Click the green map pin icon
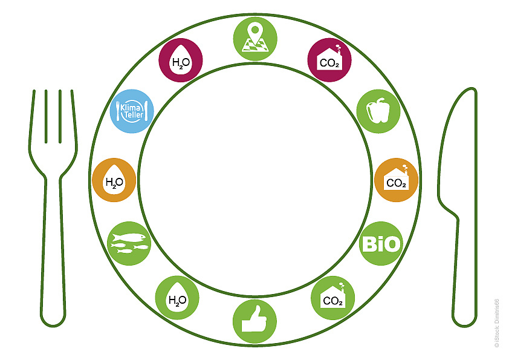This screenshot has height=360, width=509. [255, 39]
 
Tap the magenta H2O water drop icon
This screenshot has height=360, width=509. [181, 60]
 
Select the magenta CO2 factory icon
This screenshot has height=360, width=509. [329, 60]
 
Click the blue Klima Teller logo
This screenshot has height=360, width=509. [132, 111]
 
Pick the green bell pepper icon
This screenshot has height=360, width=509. [378, 111]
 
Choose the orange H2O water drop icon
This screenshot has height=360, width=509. [114, 180]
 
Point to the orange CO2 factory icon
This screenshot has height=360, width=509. [396, 180]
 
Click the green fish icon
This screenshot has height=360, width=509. [129, 243]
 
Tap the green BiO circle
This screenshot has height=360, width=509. [381, 243]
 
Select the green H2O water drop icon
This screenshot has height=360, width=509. [177, 298]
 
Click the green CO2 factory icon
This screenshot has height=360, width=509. [332, 298]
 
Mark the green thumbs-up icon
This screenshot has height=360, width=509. [255, 321]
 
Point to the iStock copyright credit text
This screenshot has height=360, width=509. [496, 323]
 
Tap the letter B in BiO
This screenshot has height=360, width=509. [368, 244]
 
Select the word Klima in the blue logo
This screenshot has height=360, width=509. [131, 107]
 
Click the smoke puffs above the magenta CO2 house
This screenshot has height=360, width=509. [339, 48]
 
